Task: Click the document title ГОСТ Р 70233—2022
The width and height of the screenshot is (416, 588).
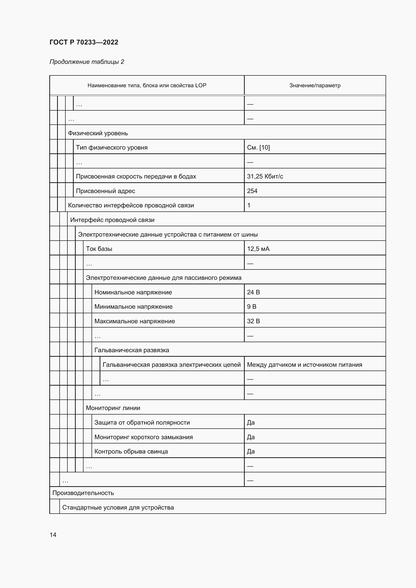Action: point(84,42)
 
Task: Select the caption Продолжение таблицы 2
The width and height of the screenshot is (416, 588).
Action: point(87,62)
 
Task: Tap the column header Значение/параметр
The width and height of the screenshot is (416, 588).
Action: point(315,85)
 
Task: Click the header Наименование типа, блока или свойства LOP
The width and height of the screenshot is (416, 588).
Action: point(147,85)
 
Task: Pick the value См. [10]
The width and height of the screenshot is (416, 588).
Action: point(258,148)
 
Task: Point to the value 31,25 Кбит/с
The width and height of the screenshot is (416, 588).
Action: point(265,176)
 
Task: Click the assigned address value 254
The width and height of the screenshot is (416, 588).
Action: point(252,191)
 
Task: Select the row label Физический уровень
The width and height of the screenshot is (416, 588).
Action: point(98,133)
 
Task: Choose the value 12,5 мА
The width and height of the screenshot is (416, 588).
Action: point(258,249)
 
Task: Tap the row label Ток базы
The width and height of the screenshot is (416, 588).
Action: point(99,249)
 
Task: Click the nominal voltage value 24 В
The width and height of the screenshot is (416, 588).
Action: point(253,292)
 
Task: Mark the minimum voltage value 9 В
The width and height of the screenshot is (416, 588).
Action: point(252,307)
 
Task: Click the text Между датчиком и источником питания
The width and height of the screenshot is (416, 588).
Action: point(304,365)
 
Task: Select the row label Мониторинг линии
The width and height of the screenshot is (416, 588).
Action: point(113,408)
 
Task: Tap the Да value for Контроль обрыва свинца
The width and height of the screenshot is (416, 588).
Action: point(251,451)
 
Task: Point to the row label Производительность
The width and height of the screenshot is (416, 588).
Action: point(83,493)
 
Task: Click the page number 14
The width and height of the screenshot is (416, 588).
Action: point(53,535)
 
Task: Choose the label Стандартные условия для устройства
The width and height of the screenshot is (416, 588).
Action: point(118,508)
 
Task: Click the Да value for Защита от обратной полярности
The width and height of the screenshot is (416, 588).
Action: point(251,423)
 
